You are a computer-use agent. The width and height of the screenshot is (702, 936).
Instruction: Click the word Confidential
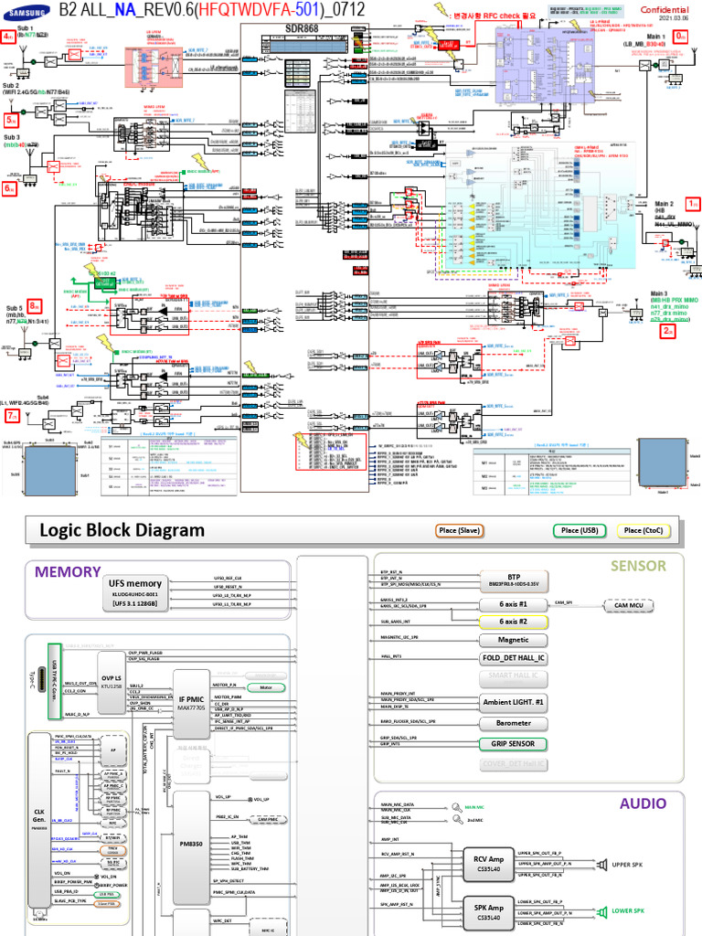click(x=665, y=9)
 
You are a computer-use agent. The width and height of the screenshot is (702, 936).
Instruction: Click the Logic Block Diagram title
click(x=122, y=531)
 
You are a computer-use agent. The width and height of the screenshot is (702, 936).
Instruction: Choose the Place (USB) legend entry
click(x=580, y=530)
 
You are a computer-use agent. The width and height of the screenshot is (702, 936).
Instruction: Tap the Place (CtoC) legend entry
click(x=644, y=530)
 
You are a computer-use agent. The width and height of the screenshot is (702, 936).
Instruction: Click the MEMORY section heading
click(x=68, y=571)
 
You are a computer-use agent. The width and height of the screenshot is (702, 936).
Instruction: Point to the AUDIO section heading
click(x=643, y=803)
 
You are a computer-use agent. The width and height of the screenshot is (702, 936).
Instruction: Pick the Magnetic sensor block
click(x=513, y=640)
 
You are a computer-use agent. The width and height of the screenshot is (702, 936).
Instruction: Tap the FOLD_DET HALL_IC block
click(x=513, y=658)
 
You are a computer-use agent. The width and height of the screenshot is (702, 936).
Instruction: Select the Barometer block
click(x=513, y=723)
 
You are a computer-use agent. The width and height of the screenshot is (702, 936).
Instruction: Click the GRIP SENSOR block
click(x=513, y=743)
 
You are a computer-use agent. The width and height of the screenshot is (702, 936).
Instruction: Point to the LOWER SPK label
click(x=628, y=910)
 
